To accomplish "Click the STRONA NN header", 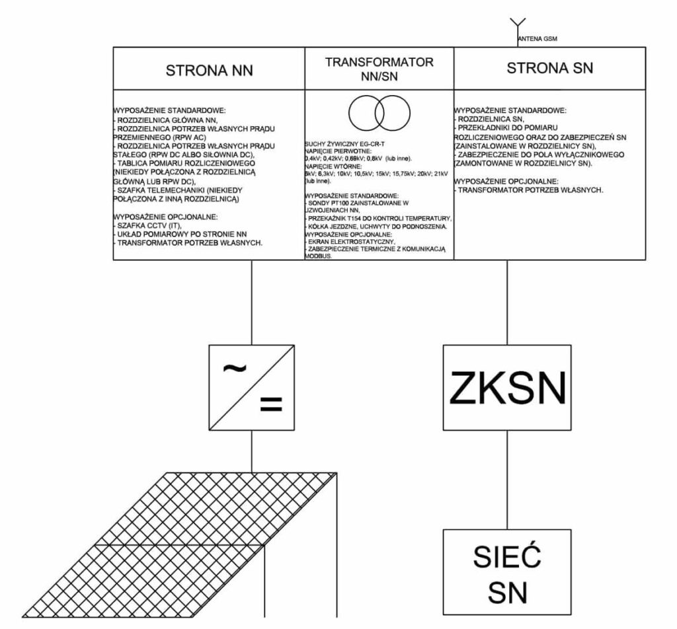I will pyautogui.click(x=209, y=69).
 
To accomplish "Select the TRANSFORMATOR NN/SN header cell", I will pyautogui.click(x=379, y=69).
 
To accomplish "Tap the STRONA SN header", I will pyautogui.click(x=549, y=68).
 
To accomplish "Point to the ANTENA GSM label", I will pyautogui.click(x=538, y=40).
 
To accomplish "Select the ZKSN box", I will pyautogui.click(x=507, y=387).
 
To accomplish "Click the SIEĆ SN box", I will pyautogui.click(x=507, y=574).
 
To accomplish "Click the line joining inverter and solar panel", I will pyautogui.click(x=251, y=452).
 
